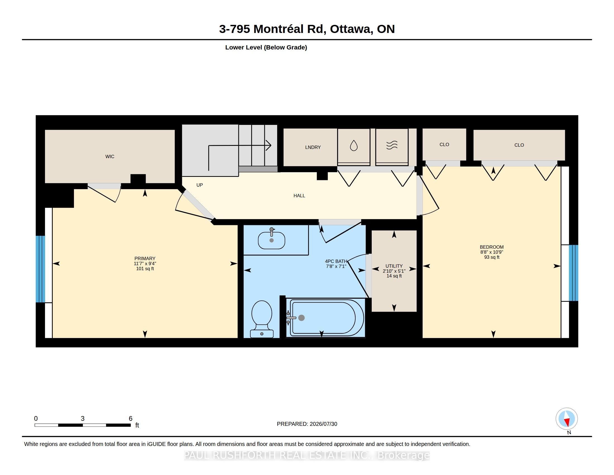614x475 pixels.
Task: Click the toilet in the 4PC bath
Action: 262,319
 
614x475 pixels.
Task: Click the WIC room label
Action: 110,156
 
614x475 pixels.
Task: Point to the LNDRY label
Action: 313,147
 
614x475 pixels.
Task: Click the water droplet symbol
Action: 354,146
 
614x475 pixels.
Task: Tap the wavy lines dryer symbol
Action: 392,145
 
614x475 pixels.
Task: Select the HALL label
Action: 299,196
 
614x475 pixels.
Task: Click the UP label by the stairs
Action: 200,185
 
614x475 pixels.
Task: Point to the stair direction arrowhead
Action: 269,145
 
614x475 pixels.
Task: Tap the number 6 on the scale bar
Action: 130,419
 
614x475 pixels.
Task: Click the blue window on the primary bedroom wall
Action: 40,269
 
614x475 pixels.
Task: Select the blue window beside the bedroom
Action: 574,273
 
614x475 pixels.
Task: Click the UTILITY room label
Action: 394,266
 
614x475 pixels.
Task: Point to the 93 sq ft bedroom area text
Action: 492,257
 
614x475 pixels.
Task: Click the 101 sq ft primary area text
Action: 145,269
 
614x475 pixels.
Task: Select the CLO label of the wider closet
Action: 519,145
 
